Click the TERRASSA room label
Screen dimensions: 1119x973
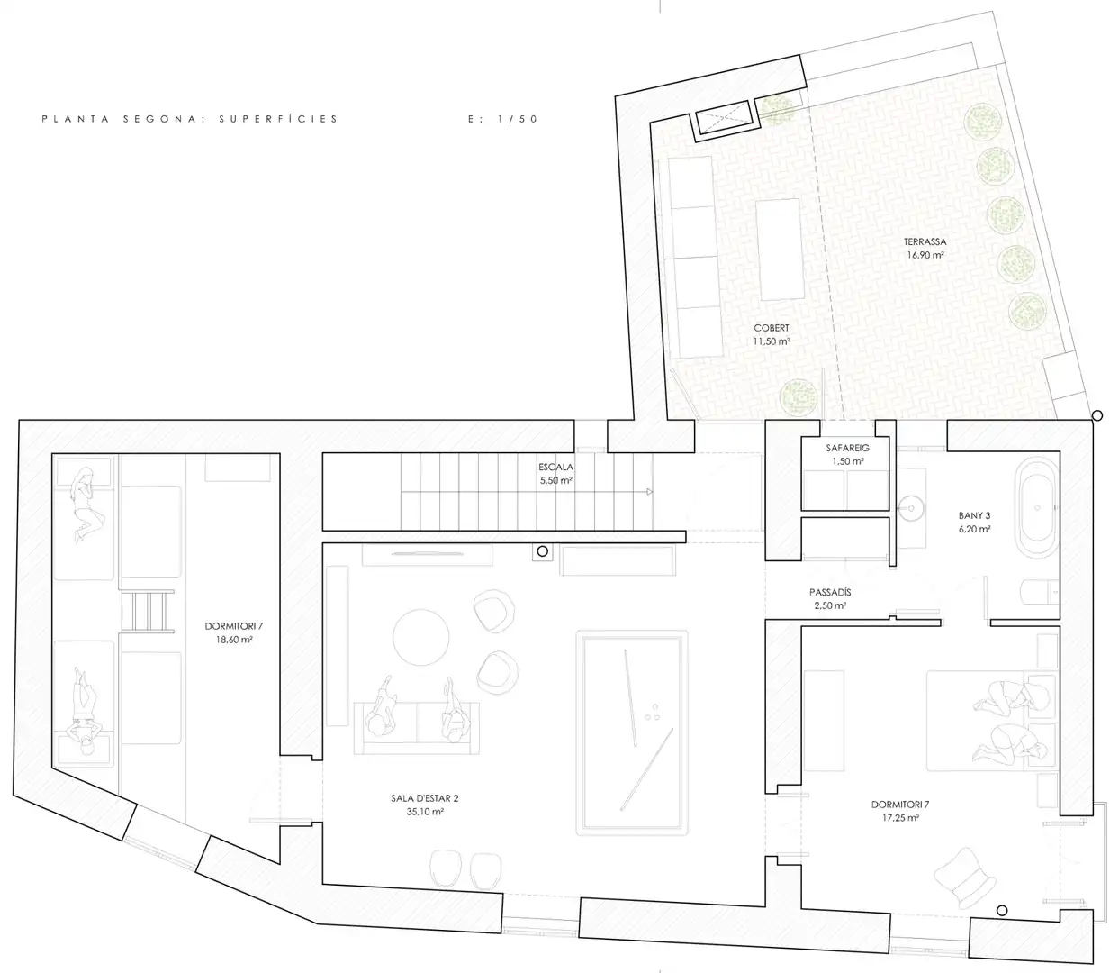(x=925, y=241)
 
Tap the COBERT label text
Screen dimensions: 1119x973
(x=772, y=328)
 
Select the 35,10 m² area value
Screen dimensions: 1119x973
(x=425, y=812)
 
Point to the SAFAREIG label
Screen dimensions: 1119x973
(x=847, y=448)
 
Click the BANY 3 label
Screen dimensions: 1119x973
(x=974, y=515)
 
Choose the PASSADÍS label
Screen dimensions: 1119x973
(x=830, y=592)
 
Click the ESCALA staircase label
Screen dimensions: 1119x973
(x=555, y=467)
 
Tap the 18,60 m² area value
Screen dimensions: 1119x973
(x=233, y=639)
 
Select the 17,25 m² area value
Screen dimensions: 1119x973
(x=899, y=817)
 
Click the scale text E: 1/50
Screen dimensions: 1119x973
(x=503, y=119)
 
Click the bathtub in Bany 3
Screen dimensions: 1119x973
(x=1036, y=508)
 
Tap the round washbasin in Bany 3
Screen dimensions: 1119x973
(x=911, y=508)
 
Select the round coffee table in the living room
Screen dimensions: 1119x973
(x=420, y=637)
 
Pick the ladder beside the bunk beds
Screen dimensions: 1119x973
(x=147, y=611)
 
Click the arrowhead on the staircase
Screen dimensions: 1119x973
(x=649, y=491)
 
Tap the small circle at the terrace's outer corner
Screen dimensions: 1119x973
(x=1096, y=415)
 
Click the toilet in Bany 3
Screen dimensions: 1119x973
(x=1039, y=592)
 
